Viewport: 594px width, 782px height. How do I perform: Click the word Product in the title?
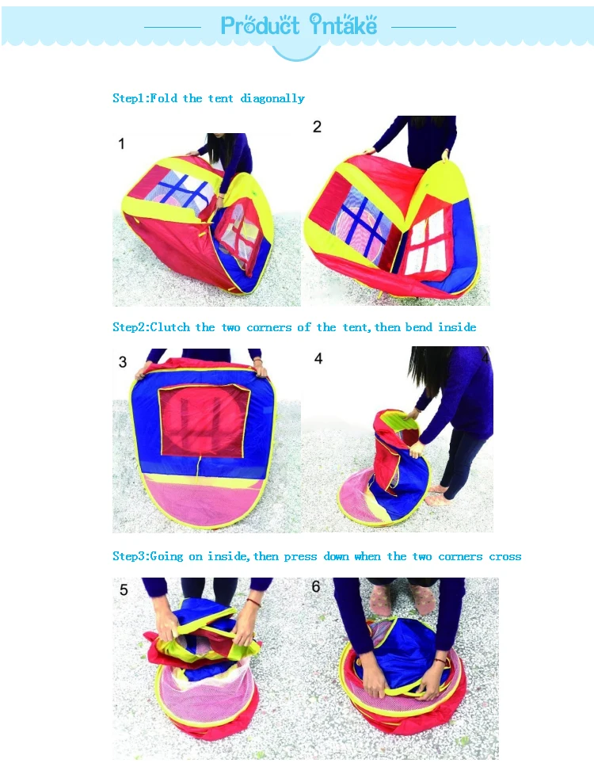click(260, 26)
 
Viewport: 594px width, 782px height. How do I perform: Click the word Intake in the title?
click(343, 25)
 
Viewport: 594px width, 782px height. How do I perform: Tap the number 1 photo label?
click(121, 143)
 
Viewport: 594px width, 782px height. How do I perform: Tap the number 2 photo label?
click(317, 127)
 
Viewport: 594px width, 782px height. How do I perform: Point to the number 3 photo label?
click(123, 361)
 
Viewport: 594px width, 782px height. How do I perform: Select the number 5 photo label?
click(124, 590)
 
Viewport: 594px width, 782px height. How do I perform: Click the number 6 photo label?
click(316, 586)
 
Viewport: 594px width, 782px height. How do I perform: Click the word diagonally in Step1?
click(272, 98)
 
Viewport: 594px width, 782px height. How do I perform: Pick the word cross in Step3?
click(505, 556)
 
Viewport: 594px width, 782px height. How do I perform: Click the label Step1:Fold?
click(145, 97)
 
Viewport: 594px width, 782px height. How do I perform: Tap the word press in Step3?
click(300, 556)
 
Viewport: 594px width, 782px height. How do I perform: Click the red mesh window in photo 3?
click(204, 421)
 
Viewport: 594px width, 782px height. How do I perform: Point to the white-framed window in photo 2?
click(425, 242)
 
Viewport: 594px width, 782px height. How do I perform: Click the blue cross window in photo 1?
click(183, 192)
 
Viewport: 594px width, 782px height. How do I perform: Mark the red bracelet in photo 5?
click(254, 602)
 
